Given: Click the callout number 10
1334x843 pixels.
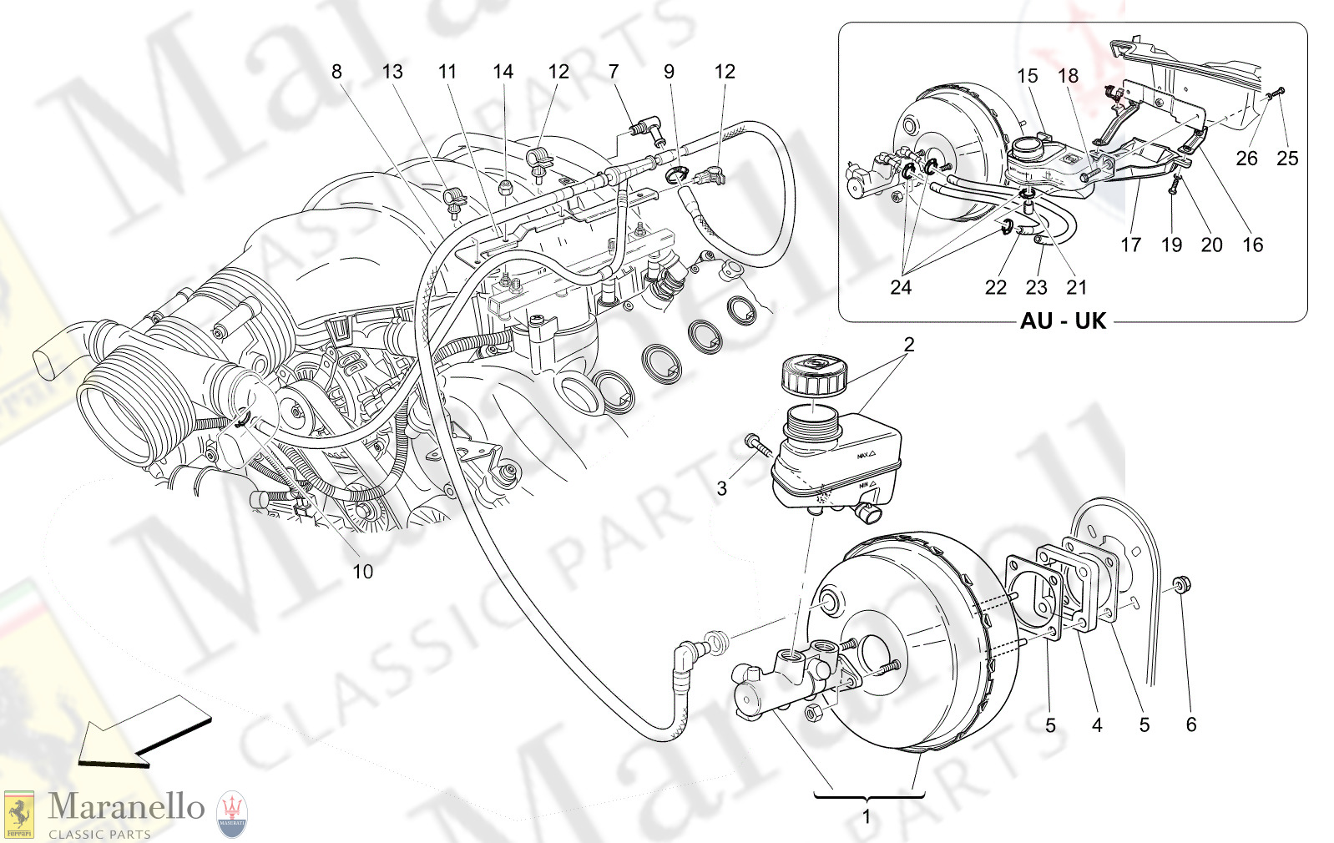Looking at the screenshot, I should coord(362,572).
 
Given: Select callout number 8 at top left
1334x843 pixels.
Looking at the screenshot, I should coord(336,72).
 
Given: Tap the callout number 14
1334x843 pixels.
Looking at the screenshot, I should coord(503,72).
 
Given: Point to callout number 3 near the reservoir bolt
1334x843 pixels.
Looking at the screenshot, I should coord(722,489).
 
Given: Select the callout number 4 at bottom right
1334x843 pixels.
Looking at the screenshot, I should coord(1097,725).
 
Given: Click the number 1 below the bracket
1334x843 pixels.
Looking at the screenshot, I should coord(867,817).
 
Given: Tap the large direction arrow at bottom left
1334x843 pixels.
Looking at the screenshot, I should coord(144,732).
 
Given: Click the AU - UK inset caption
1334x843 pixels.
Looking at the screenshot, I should coord(1063,321).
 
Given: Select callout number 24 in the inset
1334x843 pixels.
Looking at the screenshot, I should coord(900,288).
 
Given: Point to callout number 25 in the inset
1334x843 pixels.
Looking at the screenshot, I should coord(1287,159).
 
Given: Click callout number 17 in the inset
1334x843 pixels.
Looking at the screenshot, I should coord(1130,245).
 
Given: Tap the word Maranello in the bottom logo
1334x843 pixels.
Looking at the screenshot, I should coord(126,806).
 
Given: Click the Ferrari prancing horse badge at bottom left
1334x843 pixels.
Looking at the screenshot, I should coord(18,814).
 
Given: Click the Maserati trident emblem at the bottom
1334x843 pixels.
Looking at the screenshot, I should coord(232,814).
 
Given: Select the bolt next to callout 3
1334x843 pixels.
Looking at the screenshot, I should coord(759,445).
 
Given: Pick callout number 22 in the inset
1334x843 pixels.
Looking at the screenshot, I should coord(995,288).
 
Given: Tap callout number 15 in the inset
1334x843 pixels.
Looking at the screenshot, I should coord(1027,76).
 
